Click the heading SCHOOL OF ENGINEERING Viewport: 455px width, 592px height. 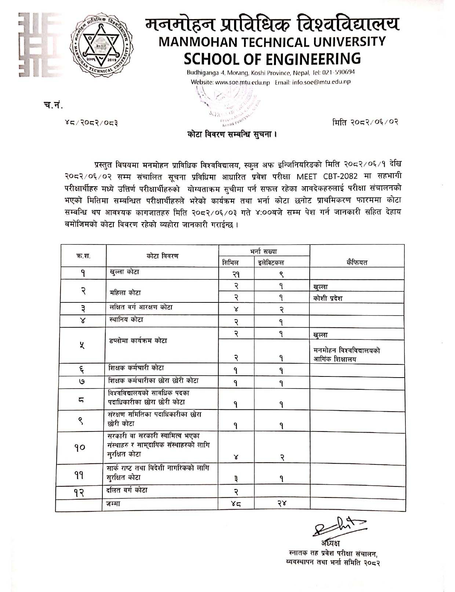point(272,58)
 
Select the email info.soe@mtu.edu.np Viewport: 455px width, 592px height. point(321,82)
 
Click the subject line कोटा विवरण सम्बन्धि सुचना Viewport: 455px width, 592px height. point(232,135)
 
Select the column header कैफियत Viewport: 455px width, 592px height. point(357,262)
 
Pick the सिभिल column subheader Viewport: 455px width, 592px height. point(230,262)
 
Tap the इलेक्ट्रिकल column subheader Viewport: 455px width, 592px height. point(271,262)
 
